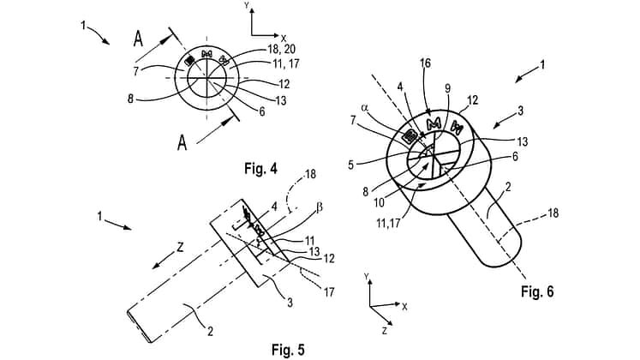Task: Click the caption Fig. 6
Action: (x=537, y=291)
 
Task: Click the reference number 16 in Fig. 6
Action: (x=425, y=64)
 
